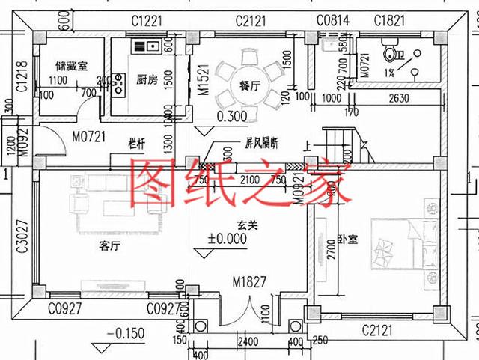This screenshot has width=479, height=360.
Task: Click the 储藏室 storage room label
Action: pyautogui.click(x=67, y=67)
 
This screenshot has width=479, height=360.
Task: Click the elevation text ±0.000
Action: pyautogui.click(x=231, y=240)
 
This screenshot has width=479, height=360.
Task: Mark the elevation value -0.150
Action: pyautogui.click(x=125, y=333)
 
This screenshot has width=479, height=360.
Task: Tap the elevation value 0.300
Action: pyautogui.click(x=231, y=117)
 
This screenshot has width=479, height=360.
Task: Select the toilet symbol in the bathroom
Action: pyautogui.click(x=388, y=53)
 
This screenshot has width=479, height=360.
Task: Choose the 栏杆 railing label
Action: pyautogui.click(x=135, y=142)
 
